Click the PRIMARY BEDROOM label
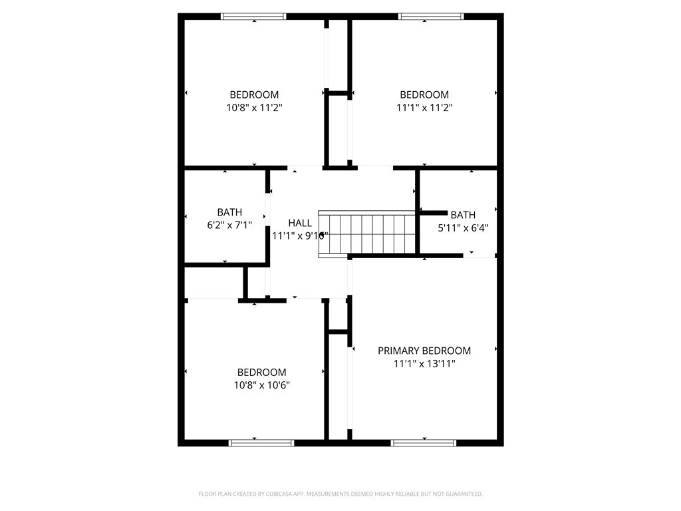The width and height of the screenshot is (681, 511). click(424, 351)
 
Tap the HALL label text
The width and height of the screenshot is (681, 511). click(300, 223)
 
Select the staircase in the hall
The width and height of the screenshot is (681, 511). click(367, 234)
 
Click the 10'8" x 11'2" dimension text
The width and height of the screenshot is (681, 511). click(254, 107)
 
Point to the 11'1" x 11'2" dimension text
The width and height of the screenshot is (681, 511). click(424, 107)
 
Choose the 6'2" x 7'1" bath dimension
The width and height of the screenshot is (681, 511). click(229, 225)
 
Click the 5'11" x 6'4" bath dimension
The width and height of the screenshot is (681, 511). click(463, 228)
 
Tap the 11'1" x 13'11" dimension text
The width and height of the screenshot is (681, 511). click(424, 363)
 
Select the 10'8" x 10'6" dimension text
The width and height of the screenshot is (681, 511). click(261, 385)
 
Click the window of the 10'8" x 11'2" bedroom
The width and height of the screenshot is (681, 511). click(253, 17)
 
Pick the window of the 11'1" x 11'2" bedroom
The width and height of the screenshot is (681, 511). click(431, 17)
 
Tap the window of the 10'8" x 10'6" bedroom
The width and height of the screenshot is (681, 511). click(261, 442)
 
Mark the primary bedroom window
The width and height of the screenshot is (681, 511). click(424, 442)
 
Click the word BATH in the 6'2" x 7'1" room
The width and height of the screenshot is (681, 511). click(229, 212)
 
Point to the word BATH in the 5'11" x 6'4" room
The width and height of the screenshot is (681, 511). click(463, 215)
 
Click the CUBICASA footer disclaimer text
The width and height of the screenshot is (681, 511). click(340, 494)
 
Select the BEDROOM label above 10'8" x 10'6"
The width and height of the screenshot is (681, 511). click(261, 373)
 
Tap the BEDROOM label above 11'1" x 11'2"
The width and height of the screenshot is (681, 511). click(424, 94)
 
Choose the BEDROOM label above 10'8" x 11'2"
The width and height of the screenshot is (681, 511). click(254, 94)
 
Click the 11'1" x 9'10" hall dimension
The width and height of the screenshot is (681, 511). click(300, 236)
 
